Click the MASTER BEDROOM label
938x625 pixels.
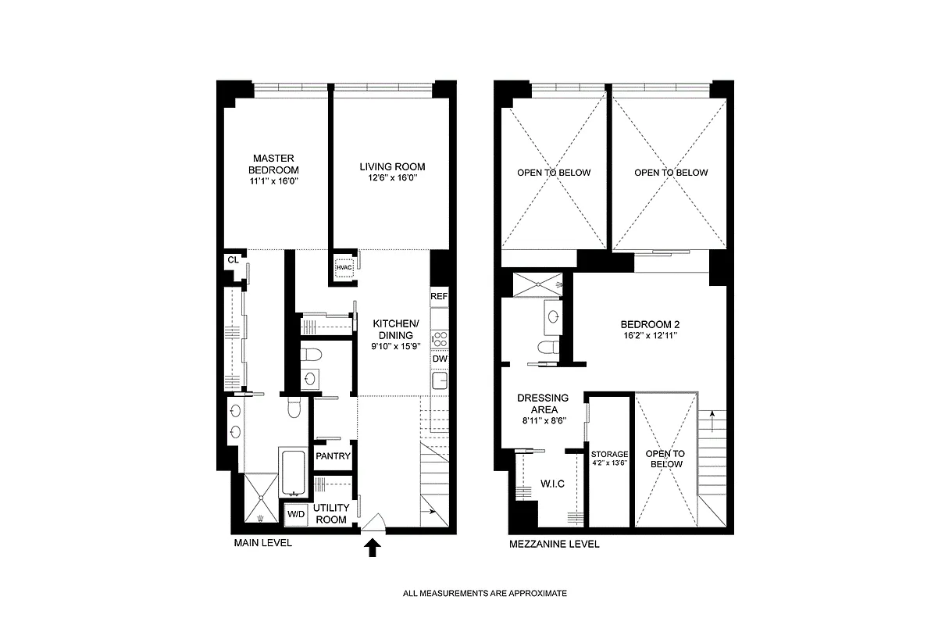coord(273,164)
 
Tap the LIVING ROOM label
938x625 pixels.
coord(392,166)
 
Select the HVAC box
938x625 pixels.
coord(344,267)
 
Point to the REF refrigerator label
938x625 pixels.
coord(439,297)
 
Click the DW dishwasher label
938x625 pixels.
coord(439,359)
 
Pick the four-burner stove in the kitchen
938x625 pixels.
coord(439,337)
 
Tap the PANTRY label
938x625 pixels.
coord(333,456)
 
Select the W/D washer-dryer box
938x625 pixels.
coord(296,514)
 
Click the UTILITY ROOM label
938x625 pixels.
coord(330,513)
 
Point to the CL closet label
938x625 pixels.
coord(232,260)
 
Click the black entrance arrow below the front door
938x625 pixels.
coord(373,549)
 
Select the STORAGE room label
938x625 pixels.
coord(609,454)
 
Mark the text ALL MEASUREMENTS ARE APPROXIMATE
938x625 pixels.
coord(484,594)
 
